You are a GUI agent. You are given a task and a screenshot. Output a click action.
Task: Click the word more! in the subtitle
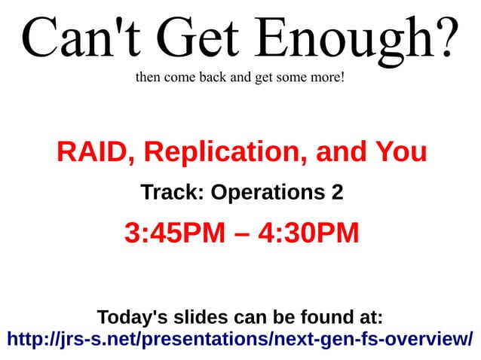pyautogui.click(x=326, y=77)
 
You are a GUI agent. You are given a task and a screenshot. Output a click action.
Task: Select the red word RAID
pyautogui.click(x=95, y=153)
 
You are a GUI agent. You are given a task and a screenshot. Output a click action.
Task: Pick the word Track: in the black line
pyautogui.click(x=173, y=193)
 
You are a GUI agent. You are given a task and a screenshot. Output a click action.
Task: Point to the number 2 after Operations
pyautogui.click(x=336, y=193)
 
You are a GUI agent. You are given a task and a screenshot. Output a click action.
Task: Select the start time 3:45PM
pyautogui.click(x=175, y=233)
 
